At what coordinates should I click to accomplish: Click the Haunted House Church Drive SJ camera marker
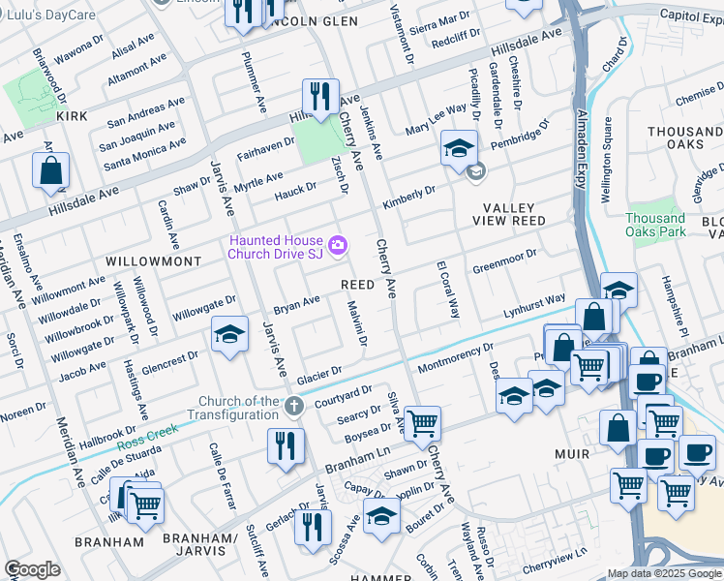(x=337, y=246)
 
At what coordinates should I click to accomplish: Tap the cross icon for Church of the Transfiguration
(x=295, y=405)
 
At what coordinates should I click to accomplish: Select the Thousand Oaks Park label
(x=655, y=225)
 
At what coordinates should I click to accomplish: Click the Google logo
(x=32, y=568)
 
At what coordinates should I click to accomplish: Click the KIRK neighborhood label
(x=72, y=116)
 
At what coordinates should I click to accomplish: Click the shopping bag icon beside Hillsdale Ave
(x=51, y=171)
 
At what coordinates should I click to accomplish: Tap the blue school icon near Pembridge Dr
(x=459, y=148)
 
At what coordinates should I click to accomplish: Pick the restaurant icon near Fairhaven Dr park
(x=319, y=97)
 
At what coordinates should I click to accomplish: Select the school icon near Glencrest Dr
(x=227, y=335)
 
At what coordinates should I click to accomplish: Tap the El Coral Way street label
(x=447, y=289)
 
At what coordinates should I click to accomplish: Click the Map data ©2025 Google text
(x=664, y=573)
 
